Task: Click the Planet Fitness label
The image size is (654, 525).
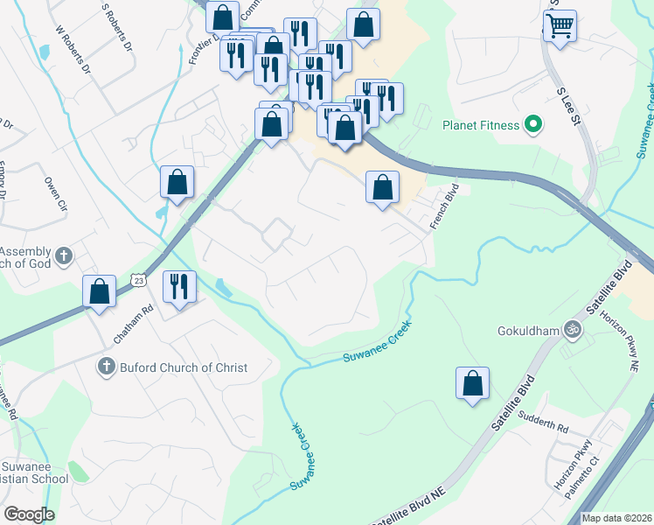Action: [481, 125]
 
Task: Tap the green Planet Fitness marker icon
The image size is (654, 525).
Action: [532, 125]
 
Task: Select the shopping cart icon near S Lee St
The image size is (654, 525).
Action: [560, 25]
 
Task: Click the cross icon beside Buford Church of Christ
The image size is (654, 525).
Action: [105, 367]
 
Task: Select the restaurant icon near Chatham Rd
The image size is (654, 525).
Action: [180, 286]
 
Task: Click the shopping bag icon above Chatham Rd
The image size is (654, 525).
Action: [100, 290]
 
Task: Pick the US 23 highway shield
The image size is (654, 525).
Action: [139, 279]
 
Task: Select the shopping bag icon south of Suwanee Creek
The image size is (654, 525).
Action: [472, 382]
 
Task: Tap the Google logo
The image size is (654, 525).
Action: [29, 514]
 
